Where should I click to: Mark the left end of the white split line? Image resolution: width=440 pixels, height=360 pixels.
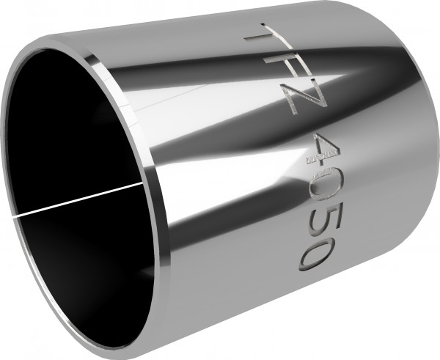coord(16,215)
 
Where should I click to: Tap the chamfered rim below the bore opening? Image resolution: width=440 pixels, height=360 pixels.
coord(147,315)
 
